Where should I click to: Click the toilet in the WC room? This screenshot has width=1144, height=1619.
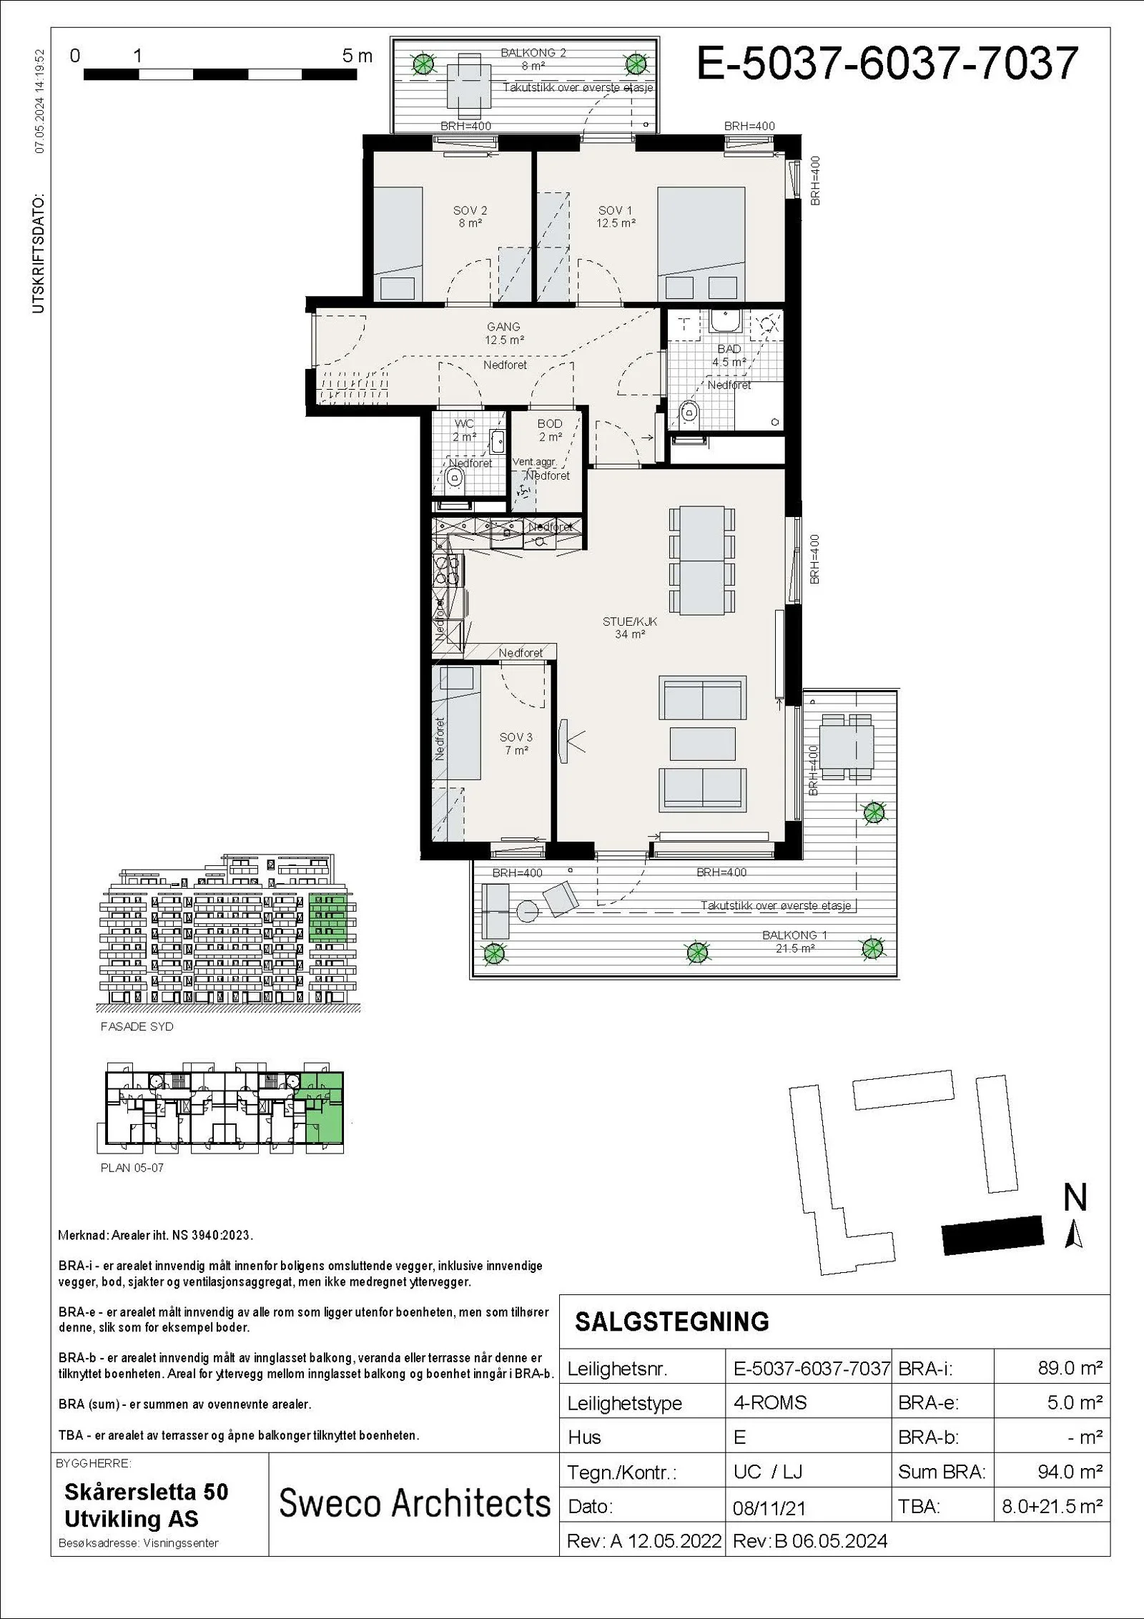click(455, 478)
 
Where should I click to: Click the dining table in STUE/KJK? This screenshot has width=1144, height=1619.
click(703, 561)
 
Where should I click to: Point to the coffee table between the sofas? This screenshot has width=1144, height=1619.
click(703, 744)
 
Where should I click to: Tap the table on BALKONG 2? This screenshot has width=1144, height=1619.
click(470, 88)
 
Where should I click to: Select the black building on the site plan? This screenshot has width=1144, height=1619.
click(992, 1235)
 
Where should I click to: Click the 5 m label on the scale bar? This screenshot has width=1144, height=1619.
click(357, 56)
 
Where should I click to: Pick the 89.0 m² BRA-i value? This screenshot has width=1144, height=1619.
click(1070, 1368)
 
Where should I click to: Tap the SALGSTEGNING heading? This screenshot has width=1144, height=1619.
click(672, 1322)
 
